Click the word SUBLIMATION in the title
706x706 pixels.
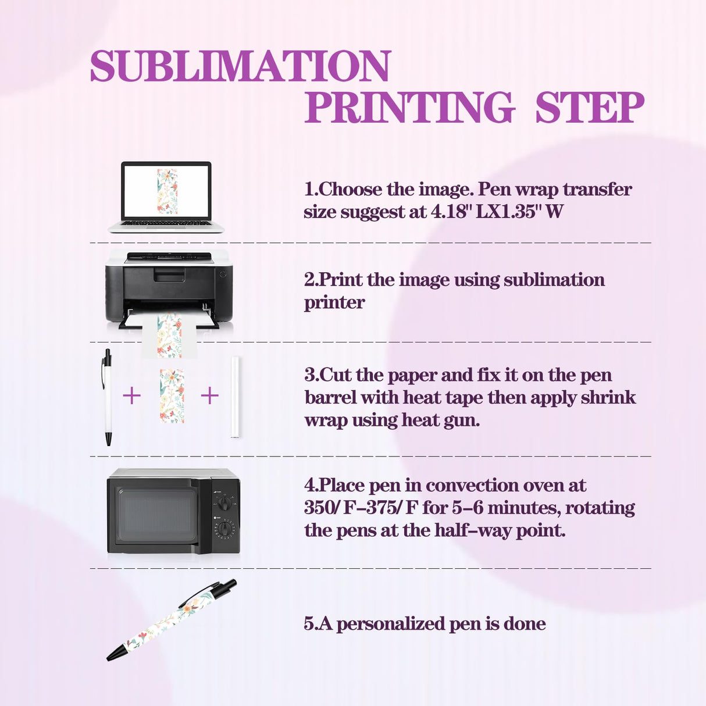[240, 66]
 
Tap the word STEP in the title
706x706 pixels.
[589, 108]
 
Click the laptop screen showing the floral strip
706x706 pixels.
[166, 191]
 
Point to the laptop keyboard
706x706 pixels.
[166, 223]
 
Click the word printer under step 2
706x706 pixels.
[334, 302]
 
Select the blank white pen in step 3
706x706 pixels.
[107, 398]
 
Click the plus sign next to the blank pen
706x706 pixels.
[132, 396]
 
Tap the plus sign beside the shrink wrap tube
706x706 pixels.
[209, 396]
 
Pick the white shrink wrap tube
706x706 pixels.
[235, 397]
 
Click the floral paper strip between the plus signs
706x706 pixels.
[172, 396]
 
